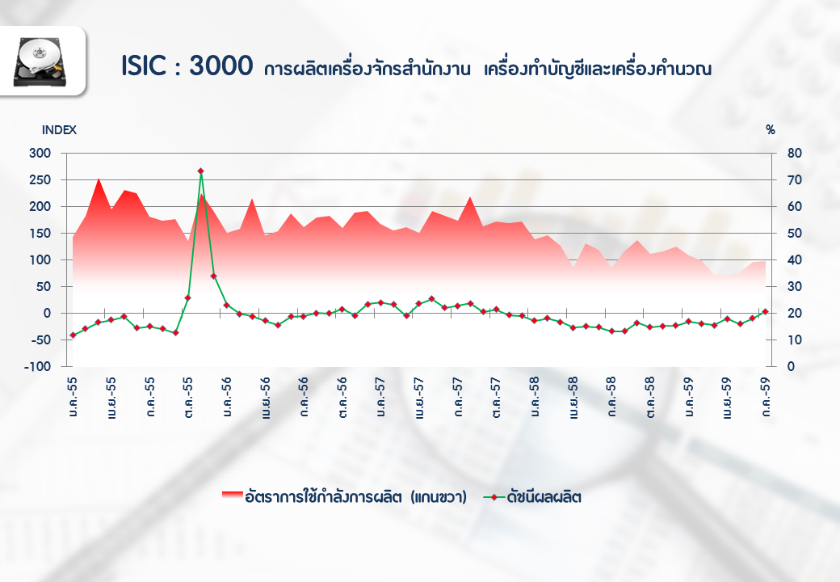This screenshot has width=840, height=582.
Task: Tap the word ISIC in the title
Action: click(147, 66)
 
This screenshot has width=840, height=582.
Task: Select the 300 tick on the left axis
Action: click(39, 153)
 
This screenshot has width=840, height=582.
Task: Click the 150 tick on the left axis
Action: click(39, 233)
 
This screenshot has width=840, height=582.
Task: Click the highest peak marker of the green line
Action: click(200, 171)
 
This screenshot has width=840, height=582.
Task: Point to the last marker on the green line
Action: click(764, 311)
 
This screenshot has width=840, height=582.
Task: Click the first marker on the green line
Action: click(73, 335)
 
